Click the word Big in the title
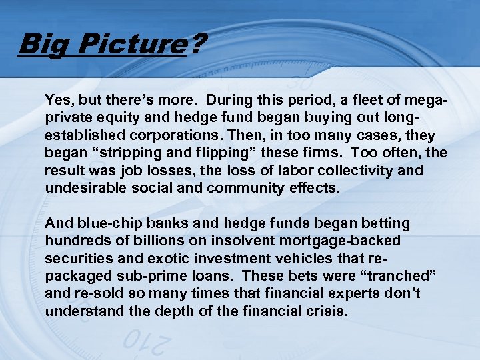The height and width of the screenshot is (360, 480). (x=39, y=45)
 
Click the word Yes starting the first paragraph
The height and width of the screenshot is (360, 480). (x=58, y=100)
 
